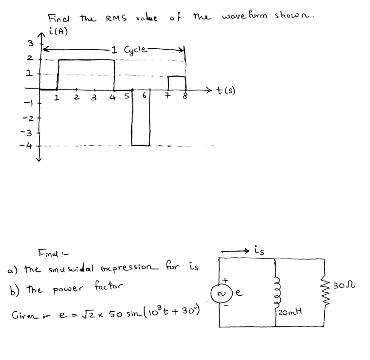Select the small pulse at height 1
[x=177, y=83]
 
